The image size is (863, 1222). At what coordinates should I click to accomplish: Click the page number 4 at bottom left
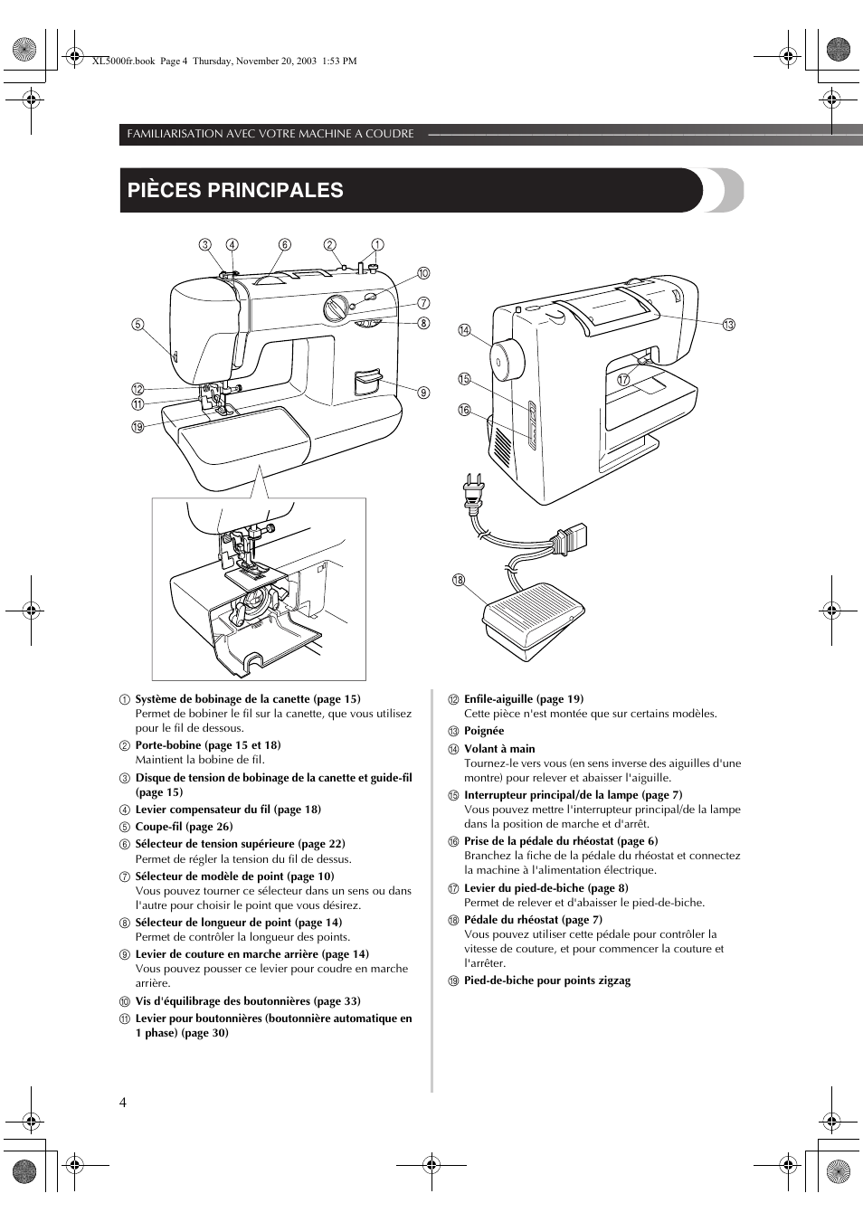coord(123,1103)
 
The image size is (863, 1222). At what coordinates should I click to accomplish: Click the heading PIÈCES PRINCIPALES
coord(235,190)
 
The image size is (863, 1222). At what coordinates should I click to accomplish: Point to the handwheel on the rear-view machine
coord(507,360)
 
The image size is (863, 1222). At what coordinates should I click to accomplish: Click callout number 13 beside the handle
coord(728,325)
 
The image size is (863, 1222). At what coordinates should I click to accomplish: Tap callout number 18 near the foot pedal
coord(459,580)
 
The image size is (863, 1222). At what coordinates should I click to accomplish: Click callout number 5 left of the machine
coord(138,325)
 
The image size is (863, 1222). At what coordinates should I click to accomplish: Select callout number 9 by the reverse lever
coord(423,393)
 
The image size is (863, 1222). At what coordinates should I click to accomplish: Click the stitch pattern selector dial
coord(335,308)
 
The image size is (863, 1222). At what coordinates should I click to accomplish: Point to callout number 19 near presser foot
coord(138,427)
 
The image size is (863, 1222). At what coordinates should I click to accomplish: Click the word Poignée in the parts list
coord(484,731)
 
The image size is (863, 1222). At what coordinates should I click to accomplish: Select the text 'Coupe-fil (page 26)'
coord(184,827)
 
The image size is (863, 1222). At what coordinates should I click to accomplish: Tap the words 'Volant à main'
coord(499,749)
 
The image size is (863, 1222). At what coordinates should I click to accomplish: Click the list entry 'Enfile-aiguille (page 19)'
coord(524,699)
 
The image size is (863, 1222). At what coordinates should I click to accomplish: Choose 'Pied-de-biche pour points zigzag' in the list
coord(547,980)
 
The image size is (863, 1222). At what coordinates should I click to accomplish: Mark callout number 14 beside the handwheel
coord(464,330)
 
